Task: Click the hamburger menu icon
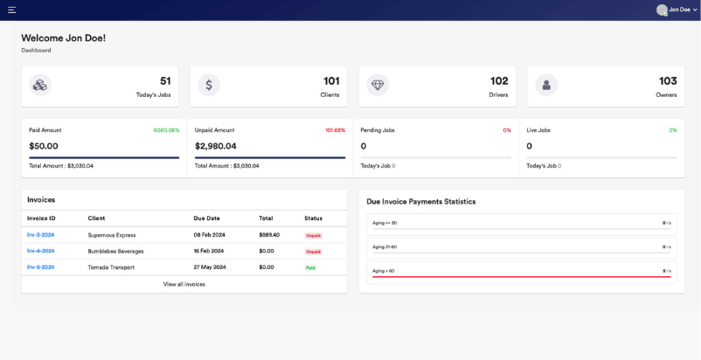click(11, 10)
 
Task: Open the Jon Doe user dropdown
click(677, 10)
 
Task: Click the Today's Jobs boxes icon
click(39, 85)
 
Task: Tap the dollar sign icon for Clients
click(208, 85)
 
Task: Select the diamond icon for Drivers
click(378, 85)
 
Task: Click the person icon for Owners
click(546, 85)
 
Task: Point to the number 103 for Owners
click(668, 80)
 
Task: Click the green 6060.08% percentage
click(166, 130)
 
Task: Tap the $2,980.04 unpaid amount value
click(215, 146)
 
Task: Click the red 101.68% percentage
click(335, 130)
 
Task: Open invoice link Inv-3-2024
click(40, 235)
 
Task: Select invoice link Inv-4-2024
click(40, 251)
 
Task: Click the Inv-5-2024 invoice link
click(40, 267)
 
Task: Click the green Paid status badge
click(310, 267)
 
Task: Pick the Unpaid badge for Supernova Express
click(313, 235)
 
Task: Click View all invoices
click(184, 284)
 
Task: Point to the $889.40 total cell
click(269, 235)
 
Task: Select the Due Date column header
click(206, 218)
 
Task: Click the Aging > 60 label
click(383, 271)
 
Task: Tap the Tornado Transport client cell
click(111, 267)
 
